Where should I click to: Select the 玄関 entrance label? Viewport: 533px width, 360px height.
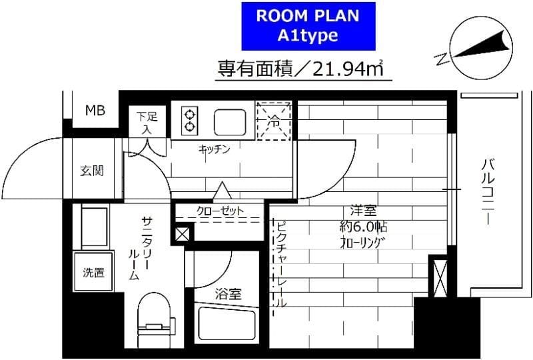tap(93, 171)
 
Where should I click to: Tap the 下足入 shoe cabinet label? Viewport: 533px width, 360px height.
tap(147, 122)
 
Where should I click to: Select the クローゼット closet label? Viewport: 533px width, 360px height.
tap(220, 211)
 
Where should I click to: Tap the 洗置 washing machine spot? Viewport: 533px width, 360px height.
tap(93, 272)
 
